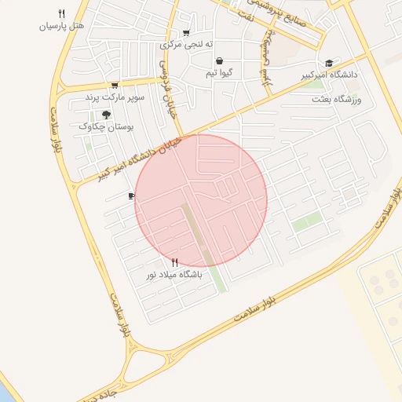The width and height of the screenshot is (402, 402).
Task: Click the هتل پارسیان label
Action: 60,26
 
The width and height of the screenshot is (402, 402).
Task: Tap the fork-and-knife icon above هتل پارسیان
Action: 61,13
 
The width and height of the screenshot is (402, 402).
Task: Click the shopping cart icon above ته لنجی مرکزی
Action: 186,33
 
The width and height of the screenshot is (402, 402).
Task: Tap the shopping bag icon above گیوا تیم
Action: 218,60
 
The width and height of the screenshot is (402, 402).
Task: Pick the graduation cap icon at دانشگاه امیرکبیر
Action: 329,64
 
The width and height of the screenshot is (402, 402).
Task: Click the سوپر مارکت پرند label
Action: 116,97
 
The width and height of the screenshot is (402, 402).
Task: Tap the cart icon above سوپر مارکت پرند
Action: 115,85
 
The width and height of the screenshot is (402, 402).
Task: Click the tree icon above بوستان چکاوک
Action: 106,114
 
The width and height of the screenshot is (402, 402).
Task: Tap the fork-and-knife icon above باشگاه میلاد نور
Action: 174,263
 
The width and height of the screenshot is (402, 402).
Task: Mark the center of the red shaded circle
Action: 201,200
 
